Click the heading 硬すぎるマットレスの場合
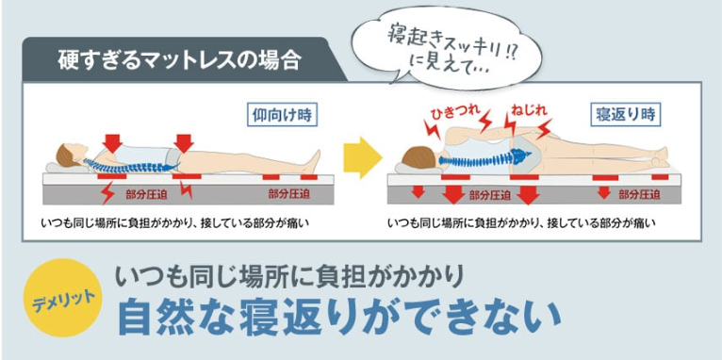(179, 60)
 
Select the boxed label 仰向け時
(282, 115)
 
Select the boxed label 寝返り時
(625, 115)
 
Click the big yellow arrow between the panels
(362, 157)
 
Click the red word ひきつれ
(455, 112)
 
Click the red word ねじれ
(529, 111)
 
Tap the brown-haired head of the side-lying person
(419, 157)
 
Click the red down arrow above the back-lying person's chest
(112, 143)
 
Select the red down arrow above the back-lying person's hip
(184, 143)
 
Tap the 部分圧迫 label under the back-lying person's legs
(288, 194)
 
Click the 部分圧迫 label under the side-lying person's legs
(640, 195)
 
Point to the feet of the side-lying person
(660, 158)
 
